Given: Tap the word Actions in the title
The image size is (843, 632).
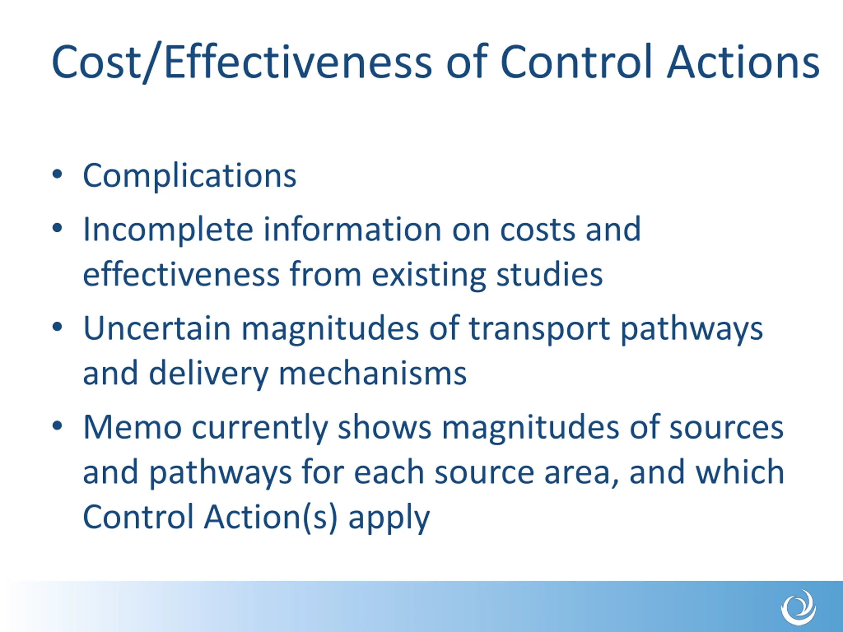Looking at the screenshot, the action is pos(743,62).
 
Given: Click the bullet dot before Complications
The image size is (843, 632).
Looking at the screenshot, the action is pos(57,174).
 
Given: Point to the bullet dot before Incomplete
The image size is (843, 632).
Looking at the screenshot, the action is pos(57,228).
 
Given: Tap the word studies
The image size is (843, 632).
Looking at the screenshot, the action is pos(550,274).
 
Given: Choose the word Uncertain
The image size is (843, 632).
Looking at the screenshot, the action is pos(157,329).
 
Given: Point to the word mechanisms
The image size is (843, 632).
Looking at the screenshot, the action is pos(373,374).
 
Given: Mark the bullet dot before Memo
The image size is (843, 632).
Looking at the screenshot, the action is pos(57,426).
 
